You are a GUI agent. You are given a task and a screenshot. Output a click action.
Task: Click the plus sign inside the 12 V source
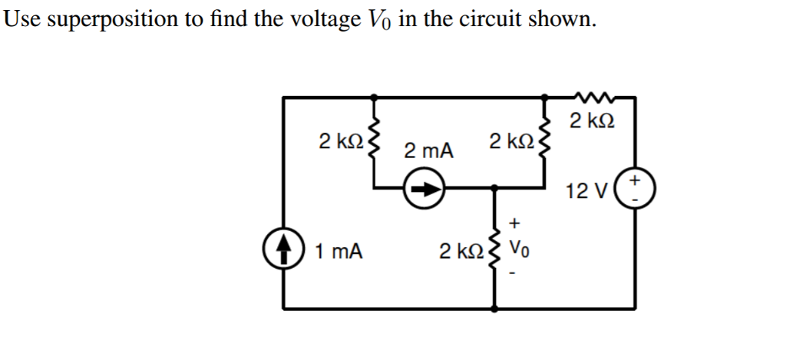click(x=636, y=181)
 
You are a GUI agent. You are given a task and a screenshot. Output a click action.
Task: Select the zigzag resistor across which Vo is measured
click(x=493, y=249)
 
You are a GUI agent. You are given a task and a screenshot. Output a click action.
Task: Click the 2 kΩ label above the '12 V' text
click(x=591, y=121)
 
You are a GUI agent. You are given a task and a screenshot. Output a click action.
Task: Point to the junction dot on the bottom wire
click(x=493, y=309)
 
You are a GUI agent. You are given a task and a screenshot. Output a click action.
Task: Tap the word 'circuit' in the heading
click(x=487, y=18)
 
